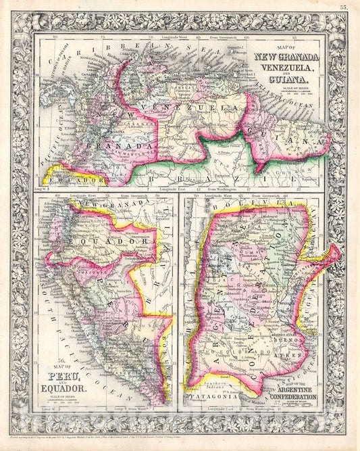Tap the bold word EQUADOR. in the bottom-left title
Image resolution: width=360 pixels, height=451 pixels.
(x=65, y=389)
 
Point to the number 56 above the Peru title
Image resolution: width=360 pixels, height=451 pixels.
(x=43, y=362)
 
